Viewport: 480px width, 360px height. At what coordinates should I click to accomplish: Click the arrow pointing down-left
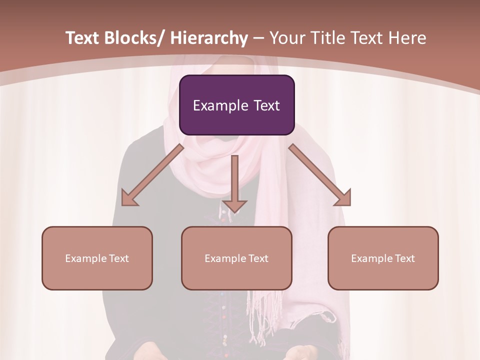(x=152, y=175)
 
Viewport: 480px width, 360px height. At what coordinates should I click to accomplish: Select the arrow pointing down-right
(x=320, y=175)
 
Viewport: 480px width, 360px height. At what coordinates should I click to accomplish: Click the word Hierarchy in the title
(x=209, y=38)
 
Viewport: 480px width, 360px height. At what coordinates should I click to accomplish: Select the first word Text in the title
(x=83, y=38)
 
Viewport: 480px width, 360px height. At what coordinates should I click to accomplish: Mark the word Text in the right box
(x=405, y=258)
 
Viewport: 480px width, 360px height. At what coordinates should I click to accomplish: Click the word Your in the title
(x=287, y=38)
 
